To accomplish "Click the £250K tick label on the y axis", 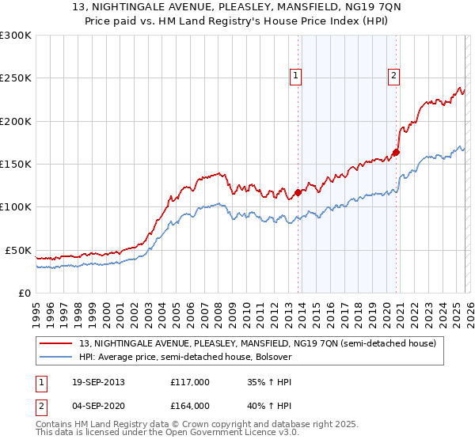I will click(16, 78).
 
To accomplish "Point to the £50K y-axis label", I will click(18, 250).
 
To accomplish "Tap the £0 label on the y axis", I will click(25, 293).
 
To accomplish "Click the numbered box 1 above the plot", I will click(295, 76).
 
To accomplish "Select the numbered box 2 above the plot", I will click(393, 76).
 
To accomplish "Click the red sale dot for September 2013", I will click(298, 192).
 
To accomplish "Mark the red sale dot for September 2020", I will click(396, 153).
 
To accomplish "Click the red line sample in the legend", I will click(56, 344).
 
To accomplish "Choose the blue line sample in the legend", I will click(56, 358).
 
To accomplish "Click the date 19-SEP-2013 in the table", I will click(96, 382).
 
